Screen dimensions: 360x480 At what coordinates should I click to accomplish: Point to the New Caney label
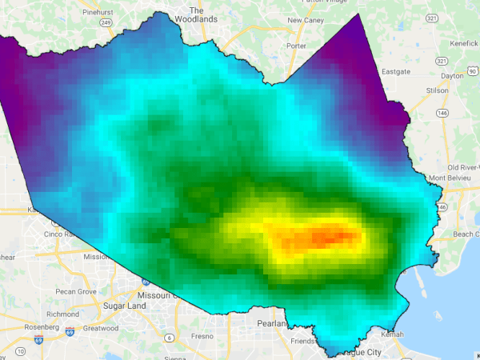[305, 20]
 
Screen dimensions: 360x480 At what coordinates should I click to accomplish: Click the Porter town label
[296, 46]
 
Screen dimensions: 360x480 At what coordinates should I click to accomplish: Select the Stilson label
[438, 90]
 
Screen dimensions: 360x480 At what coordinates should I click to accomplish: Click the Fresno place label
[202, 336]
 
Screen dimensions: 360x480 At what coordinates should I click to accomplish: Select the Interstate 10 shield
[18, 350]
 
